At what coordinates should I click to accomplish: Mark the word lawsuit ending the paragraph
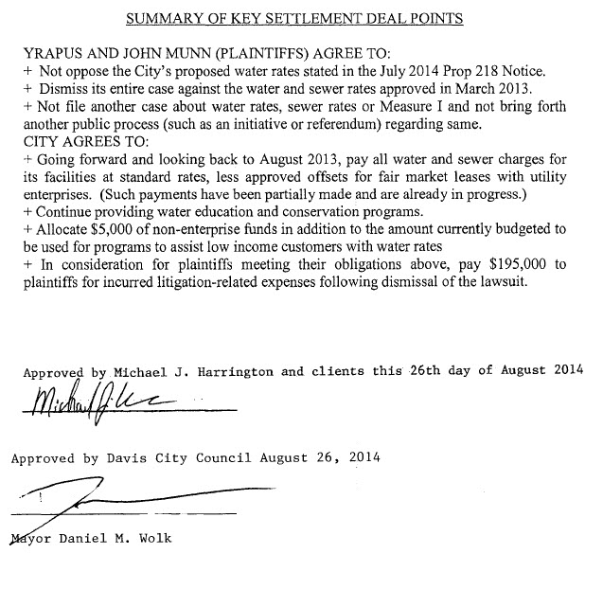click(x=535, y=282)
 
